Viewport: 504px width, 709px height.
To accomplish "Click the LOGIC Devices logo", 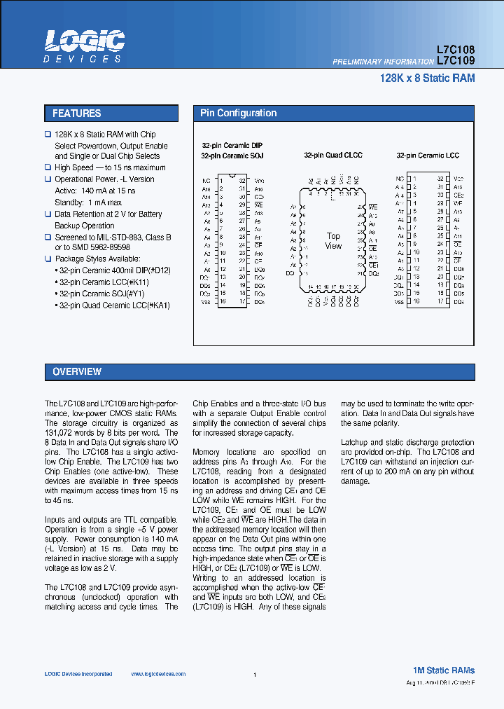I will point(85,47).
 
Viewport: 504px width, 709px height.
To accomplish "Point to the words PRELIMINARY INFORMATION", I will point(383,62).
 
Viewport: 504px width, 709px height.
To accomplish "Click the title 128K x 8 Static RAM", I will point(427,78).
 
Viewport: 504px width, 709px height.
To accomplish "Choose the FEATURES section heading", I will point(77,113).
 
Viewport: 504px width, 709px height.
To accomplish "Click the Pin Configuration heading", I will point(239,113).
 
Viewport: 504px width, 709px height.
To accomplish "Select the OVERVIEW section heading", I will point(77,372).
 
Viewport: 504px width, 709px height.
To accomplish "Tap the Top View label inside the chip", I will point(333,241).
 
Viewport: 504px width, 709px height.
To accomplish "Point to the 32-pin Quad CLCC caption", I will point(333,156).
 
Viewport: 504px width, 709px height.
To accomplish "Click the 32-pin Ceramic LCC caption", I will point(428,156).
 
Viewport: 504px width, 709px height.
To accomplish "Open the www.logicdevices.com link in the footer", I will point(158,674).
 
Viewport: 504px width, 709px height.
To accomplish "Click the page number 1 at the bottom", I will point(255,675).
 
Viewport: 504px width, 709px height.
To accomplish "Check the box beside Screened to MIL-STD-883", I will point(48,238).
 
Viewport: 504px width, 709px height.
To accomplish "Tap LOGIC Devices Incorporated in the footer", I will point(78,674).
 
